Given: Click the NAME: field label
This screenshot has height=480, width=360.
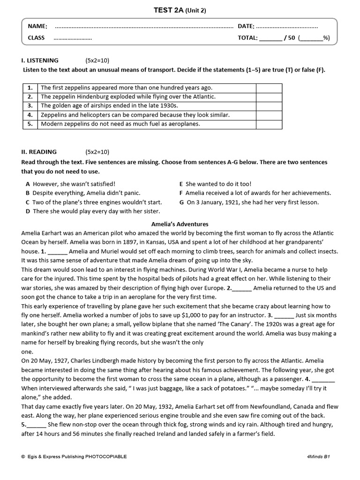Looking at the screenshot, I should click(x=37, y=26).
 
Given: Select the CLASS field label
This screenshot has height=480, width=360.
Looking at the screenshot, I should click(x=37, y=38).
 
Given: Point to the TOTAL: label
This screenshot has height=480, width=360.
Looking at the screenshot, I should click(x=247, y=38).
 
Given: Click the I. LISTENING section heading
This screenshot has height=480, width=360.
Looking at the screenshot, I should click(x=40, y=60).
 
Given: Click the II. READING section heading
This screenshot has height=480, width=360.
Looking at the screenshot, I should click(x=39, y=152).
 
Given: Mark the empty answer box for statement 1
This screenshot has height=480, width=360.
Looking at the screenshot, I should click(x=269, y=88).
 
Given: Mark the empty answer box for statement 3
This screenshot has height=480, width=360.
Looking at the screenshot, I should click(x=269, y=106).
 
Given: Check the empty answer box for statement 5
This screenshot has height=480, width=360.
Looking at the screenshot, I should click(x=269, y=124).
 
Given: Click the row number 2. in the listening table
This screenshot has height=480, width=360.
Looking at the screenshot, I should click(x=30, y=97).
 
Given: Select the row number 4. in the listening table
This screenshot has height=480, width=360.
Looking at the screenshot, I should click(x=30, y=115).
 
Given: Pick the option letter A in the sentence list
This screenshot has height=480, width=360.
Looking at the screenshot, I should click(x=28, y=184).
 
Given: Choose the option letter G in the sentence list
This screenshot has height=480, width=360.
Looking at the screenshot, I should click(x=182, y=202).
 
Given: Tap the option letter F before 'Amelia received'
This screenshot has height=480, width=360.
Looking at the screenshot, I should click(x=181, y=193).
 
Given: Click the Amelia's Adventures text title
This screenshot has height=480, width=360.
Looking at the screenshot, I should click(x=180, y=224).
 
